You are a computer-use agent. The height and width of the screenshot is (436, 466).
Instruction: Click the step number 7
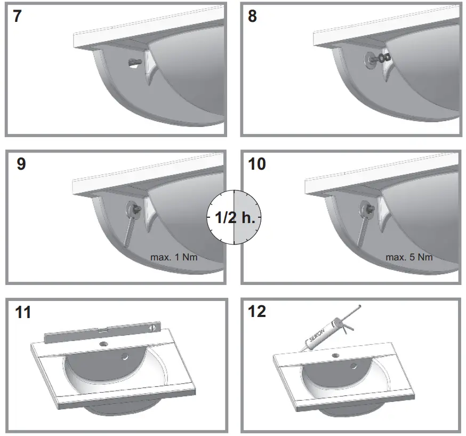click(x=18, y=17)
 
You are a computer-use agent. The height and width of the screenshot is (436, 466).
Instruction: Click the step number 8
click(x=252, y=17)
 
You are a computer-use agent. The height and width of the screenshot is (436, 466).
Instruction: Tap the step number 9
click(x=21, y=164)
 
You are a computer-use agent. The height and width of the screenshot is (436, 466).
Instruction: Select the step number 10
click(x=257, y=164)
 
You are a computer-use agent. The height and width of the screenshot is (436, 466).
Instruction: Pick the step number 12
click(x=258, y=311)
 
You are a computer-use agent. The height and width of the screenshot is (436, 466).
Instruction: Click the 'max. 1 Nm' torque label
click(x=173, y=257)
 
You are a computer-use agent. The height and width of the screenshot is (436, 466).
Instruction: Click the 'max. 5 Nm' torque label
click(x=409, y=257)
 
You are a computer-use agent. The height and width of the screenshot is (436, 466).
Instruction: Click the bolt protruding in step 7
click(x=134, y=64)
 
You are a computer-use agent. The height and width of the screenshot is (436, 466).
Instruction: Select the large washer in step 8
click(x=369, y=57)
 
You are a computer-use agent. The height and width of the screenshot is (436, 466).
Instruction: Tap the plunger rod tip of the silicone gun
click(x=361, y=306)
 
